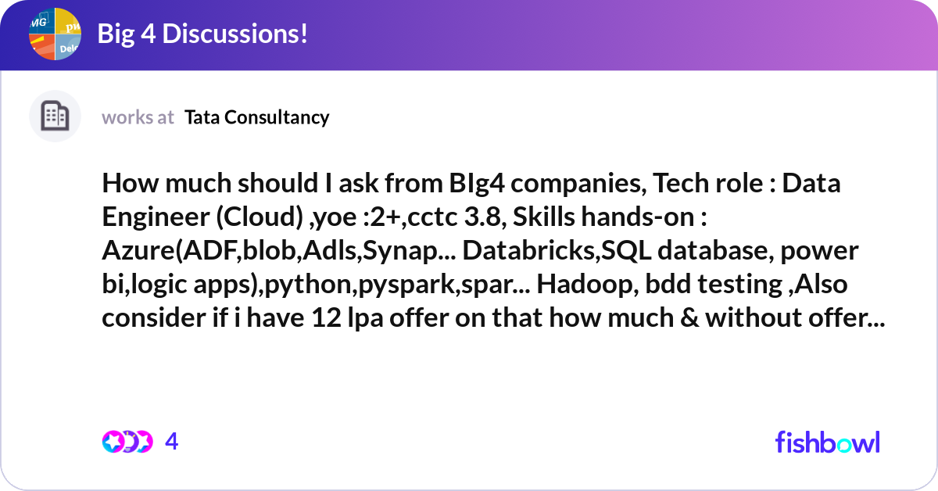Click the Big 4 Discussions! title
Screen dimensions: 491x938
[x=202, y=34]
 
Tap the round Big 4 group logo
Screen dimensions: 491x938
[x=55, y=34]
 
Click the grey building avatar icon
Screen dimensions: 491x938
[x=55, y=116]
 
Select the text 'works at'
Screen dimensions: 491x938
[x=138, y=117]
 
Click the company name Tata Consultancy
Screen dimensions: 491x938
[x=257, y=117]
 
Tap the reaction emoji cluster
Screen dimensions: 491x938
[x=127, y=442]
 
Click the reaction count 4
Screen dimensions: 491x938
[x=172, y=442]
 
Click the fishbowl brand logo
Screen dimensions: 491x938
[x=827, y=442]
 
